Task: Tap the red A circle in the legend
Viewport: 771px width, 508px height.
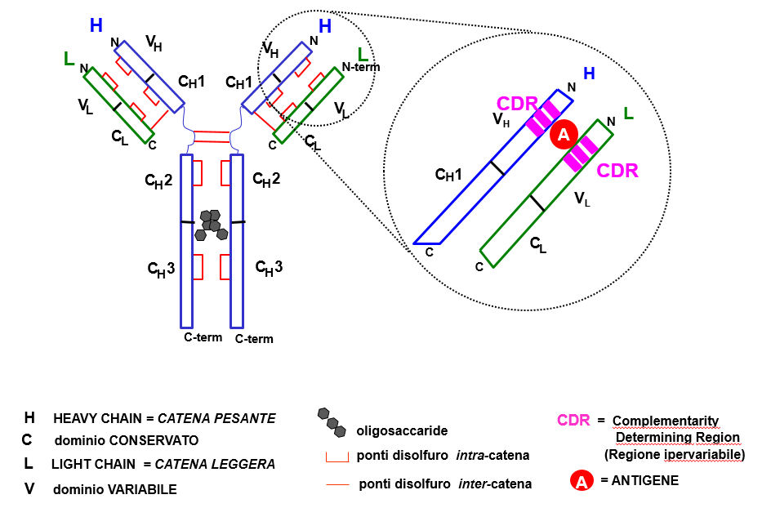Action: (581, 482)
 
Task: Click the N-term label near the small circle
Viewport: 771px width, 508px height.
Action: (361, 66)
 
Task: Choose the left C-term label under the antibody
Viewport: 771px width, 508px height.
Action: (203, 336)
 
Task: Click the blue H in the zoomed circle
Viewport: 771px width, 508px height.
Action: (588, 74)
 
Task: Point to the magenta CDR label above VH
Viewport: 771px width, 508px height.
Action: (517, 105)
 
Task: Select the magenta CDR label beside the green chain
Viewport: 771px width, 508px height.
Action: (617, 172)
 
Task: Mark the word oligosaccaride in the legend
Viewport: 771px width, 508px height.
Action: (395, 430)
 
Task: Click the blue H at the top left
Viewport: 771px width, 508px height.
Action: (96, 25)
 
